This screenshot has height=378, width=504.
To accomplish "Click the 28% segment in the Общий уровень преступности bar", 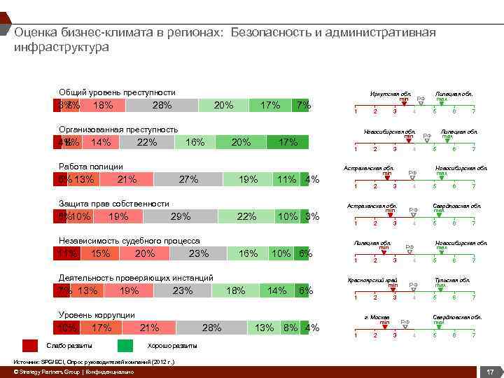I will [x=162, y=106].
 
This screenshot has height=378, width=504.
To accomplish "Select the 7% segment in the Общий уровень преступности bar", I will [x=303, y=106].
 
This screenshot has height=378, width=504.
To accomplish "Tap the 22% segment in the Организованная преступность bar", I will [x=147, y=143].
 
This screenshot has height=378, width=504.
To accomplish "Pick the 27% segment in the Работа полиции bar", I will [x=188, y=180].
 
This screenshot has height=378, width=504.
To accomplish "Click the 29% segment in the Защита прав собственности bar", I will [x=181, y=217].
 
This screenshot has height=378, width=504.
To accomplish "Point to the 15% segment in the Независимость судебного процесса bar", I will [x=100, y=254].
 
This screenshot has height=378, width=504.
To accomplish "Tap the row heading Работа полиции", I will [x=91, y=167].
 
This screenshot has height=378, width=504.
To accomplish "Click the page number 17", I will [x=491, y=371].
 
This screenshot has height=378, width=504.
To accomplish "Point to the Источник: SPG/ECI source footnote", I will [x=94, y=362].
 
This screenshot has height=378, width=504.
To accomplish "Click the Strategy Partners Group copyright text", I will [x=74, y=372].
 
